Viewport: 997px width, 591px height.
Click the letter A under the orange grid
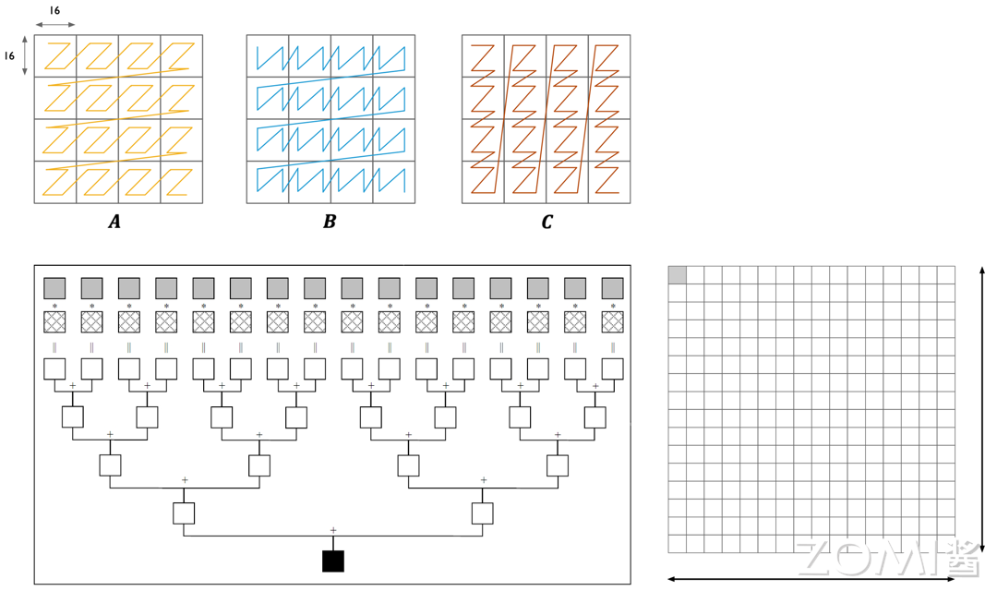[x=114, y=222]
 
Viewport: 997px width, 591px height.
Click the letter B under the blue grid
[x=330, y=222]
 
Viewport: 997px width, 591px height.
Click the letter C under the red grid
[x=547, y=222]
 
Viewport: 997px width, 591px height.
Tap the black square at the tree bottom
[x=332, y=561]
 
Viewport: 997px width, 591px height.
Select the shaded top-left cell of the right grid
[x=677, y=274]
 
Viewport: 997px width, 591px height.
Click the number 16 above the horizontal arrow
[x=54, y=10]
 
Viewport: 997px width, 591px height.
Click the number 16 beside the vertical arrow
[x=10, y=55]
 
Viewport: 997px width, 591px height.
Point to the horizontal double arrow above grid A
[x=55, y=25]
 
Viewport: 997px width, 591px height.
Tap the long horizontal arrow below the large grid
[x=811, y=579]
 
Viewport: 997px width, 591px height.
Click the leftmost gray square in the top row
[x=54, y=287]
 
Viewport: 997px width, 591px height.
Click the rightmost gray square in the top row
[x=612, y=287]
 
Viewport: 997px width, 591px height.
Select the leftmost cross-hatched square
[x=54, y=321]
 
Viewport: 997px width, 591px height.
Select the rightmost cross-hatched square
[x=612, y=321]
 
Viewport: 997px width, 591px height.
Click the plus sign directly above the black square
[x=332, y=529]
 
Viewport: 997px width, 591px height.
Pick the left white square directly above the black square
[x=184, y=513]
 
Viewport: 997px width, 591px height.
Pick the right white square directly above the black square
[x=482, y=513]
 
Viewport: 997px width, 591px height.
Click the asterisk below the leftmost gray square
[x=54, y=305]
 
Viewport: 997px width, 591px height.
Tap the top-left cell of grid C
[x=483, y=56]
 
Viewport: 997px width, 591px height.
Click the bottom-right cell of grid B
[x=393, y=182]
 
